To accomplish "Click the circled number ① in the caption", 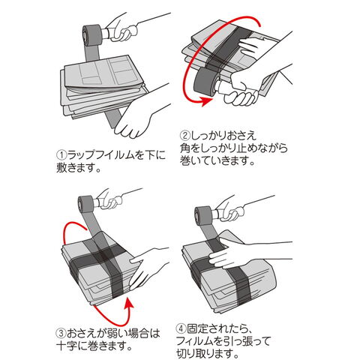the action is pos(61,155).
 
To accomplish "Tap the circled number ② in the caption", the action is pos(185,136).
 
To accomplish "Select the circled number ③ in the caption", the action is pos(61,333).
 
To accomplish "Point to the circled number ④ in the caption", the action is pos(181,328).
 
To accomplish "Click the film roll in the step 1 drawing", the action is pos(92,35).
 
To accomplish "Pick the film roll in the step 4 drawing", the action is pos(203,215).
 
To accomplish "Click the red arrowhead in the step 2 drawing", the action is pos(206,100).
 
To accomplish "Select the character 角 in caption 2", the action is pos(185,148).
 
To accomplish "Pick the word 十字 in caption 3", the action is pos(67,346).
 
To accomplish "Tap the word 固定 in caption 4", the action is pos(197,328).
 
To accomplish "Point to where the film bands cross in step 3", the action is pos(103,255).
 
